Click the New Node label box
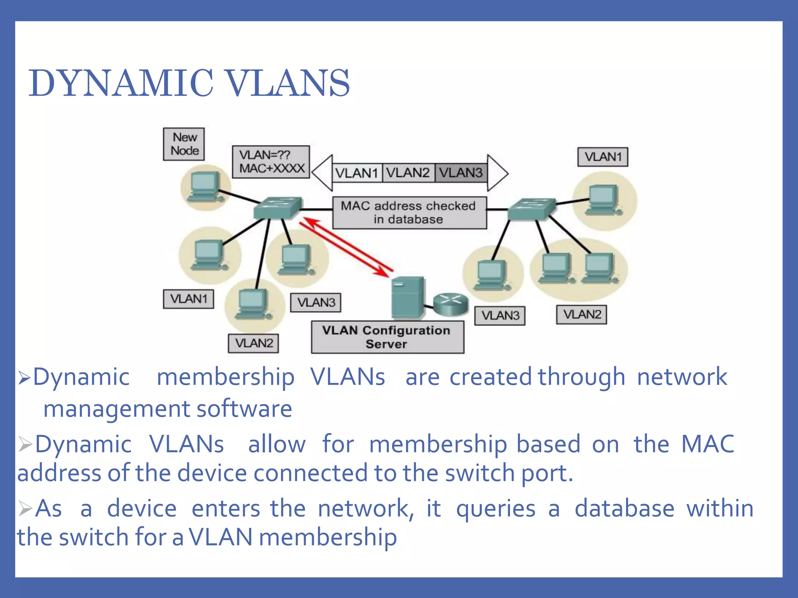point(184,144)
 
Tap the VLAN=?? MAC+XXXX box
point(271,162)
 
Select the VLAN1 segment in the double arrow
point(357,173)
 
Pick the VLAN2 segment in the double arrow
point(408,173)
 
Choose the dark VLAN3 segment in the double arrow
point(461,173)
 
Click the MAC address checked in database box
point(409,213)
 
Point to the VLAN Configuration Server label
point(387,337)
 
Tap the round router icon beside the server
point(450,304)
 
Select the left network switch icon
point(277,208)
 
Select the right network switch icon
point(531,209)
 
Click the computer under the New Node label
point(203,188)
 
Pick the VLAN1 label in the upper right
point(602,157)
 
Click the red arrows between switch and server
point(346,246)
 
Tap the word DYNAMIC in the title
point(121,83)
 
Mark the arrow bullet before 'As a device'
point(25,508)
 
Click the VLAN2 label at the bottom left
point(254,343)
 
